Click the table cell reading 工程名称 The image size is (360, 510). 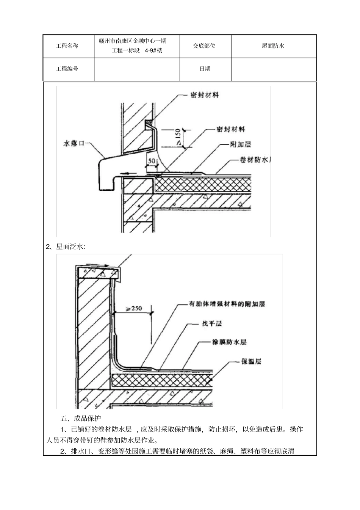(x=67, y=46)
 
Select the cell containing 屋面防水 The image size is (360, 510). (x=273, y=46)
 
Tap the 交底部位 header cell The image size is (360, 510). (x=204, y=46)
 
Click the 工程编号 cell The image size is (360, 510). (x=67, y=69)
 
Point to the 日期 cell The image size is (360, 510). (x=205, y=69)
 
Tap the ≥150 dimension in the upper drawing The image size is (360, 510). (x=180, y=138)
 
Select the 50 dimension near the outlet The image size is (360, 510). (x=151, y=161)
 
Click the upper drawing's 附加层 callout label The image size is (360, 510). (x=240, y=144)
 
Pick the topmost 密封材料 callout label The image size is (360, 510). (x=205, y=95)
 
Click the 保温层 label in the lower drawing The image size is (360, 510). (x=251, y=361)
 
